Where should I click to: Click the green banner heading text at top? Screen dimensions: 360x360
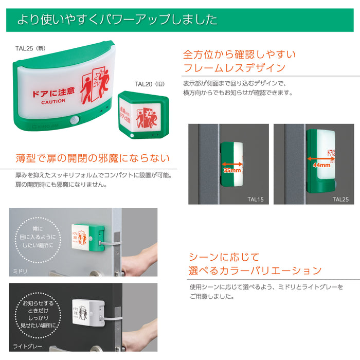pos(117,20)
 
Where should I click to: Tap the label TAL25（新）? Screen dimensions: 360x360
pos(30,48)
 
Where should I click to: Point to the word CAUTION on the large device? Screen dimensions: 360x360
pos(53,101)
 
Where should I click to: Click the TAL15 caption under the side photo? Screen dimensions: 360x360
pos(255,199)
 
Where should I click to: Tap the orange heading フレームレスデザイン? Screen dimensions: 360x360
pos(234,67)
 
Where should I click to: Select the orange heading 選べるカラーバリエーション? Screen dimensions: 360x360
pos(255,271)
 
